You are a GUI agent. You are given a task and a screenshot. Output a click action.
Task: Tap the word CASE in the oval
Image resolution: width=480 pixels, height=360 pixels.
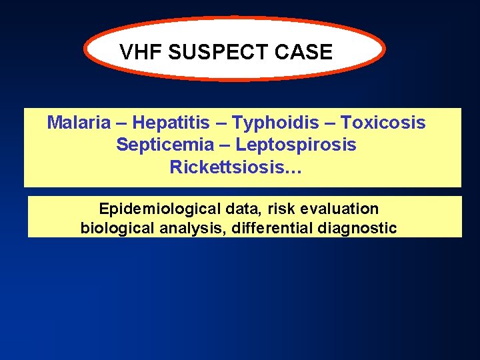pos(307,52)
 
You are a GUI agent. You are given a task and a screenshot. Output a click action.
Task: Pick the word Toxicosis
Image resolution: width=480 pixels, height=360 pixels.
pos(383,123)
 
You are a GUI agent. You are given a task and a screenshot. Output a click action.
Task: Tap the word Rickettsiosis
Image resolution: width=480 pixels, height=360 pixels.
pos(227,167)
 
